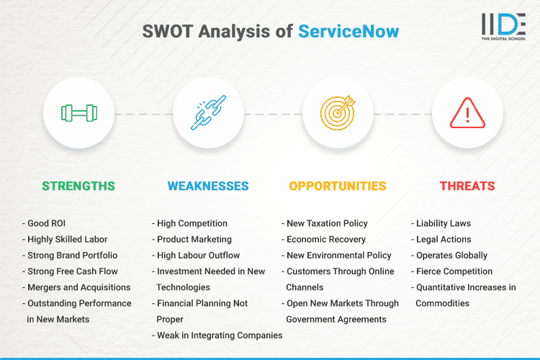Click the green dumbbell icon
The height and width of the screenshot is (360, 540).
point(78,113)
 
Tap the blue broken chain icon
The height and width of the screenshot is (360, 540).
point(208,113)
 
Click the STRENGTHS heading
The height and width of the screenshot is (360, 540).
point(78,186)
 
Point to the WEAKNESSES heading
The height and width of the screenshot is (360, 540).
point(208,186)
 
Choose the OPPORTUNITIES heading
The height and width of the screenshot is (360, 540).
point(338,186)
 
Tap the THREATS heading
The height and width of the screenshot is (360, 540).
point(467,186)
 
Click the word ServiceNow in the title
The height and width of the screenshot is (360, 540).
point(348,32)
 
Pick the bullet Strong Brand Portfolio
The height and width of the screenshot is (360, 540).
point(72,256)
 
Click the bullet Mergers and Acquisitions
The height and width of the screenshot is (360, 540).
point(78,287)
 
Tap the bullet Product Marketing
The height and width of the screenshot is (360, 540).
point(194,240)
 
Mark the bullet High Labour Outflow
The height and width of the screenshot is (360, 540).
point(198,256)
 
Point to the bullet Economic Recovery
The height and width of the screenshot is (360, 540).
point(326,240)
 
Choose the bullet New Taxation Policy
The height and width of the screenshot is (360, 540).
point(327,224)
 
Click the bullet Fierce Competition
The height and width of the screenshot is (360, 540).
point(454,271)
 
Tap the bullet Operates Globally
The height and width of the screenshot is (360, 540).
point(451,256)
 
